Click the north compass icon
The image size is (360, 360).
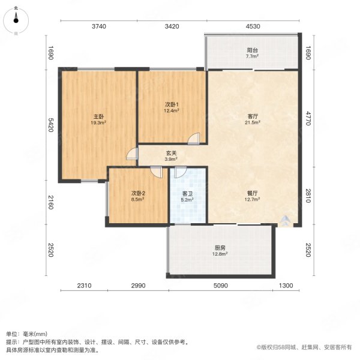(16, 20)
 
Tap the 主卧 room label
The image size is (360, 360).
(98, 116)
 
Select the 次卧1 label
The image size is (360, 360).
(172, 104)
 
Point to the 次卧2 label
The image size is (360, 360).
(138, 193)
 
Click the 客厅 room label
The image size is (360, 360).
(253, 116)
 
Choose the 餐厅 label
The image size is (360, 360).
(253, 193)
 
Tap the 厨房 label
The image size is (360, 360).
(220, 248)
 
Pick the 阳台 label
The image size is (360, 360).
(253, 50)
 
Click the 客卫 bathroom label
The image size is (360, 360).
(187, 194)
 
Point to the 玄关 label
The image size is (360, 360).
(171, 153)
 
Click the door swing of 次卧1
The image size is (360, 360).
(194, 139)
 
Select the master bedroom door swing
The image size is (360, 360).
(132, 154)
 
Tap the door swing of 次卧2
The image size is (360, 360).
(157, 172)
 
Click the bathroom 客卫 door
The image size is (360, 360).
(181, 172)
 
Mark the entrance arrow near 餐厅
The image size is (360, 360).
(285, 220)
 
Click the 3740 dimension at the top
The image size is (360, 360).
(99, 26)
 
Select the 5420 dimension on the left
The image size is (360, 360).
(51, 125)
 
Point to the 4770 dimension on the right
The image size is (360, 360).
(308, 118)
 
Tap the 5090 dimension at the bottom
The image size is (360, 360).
(221, 286)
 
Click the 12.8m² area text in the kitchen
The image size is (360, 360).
(220, 254)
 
